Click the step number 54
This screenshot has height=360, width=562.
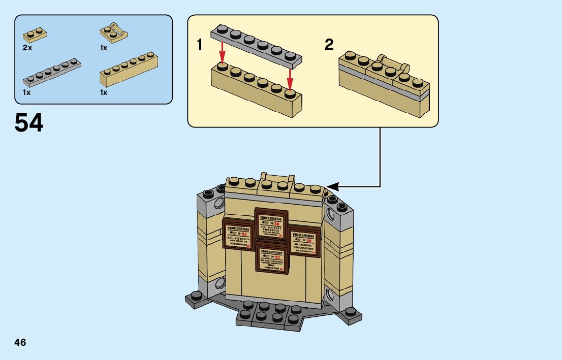pyautogui.click(x=29, y=123)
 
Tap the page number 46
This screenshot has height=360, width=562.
pyautogui.click(x=20, y=342)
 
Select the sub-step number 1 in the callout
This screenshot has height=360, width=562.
pyautogui.click(x=200, y=45)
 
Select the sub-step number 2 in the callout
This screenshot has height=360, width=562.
pyautogui.click(x=329, y=45)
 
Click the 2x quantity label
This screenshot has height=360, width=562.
pyautogui.click(x=27, y=48)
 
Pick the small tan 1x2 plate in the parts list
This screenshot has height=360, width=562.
pyautogui.click(x=35, y=36)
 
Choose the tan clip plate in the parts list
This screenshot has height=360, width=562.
pyautogui.click(x=114, y=33)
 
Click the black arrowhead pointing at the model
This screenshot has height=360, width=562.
pyautogui.click(x=332, y=186)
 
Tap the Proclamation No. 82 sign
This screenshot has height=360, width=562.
pyautogui.click(x=238, y=236)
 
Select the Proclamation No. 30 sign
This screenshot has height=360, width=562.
pyautogui.click(x=271, y=224)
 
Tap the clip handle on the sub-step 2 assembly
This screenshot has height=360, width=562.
pyautogui.click(x=392, y=63)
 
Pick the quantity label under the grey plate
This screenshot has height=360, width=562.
pyautogui.click(x=27, y=92)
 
